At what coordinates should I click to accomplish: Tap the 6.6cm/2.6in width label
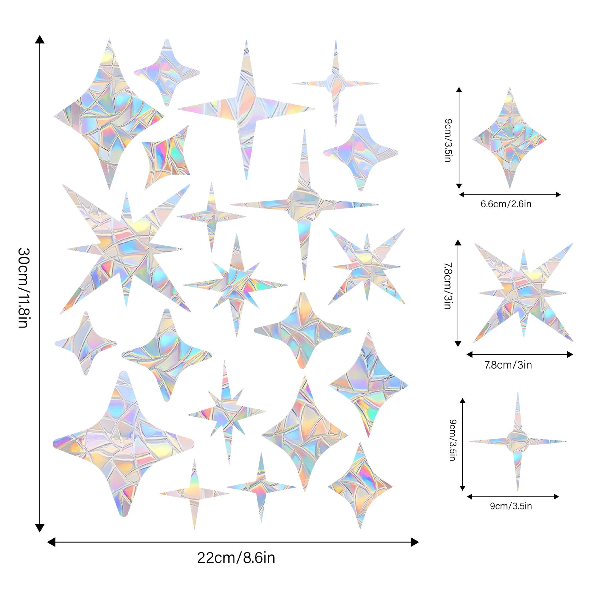pos(506,204)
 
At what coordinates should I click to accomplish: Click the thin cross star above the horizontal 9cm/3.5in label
pos(518,441)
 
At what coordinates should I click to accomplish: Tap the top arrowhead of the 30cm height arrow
pos(39,39)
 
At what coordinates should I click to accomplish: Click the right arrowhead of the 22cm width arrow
pos(415,542)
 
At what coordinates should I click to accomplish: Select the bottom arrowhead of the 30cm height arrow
pos(39,528)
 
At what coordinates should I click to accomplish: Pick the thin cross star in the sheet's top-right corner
pos(336,83)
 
